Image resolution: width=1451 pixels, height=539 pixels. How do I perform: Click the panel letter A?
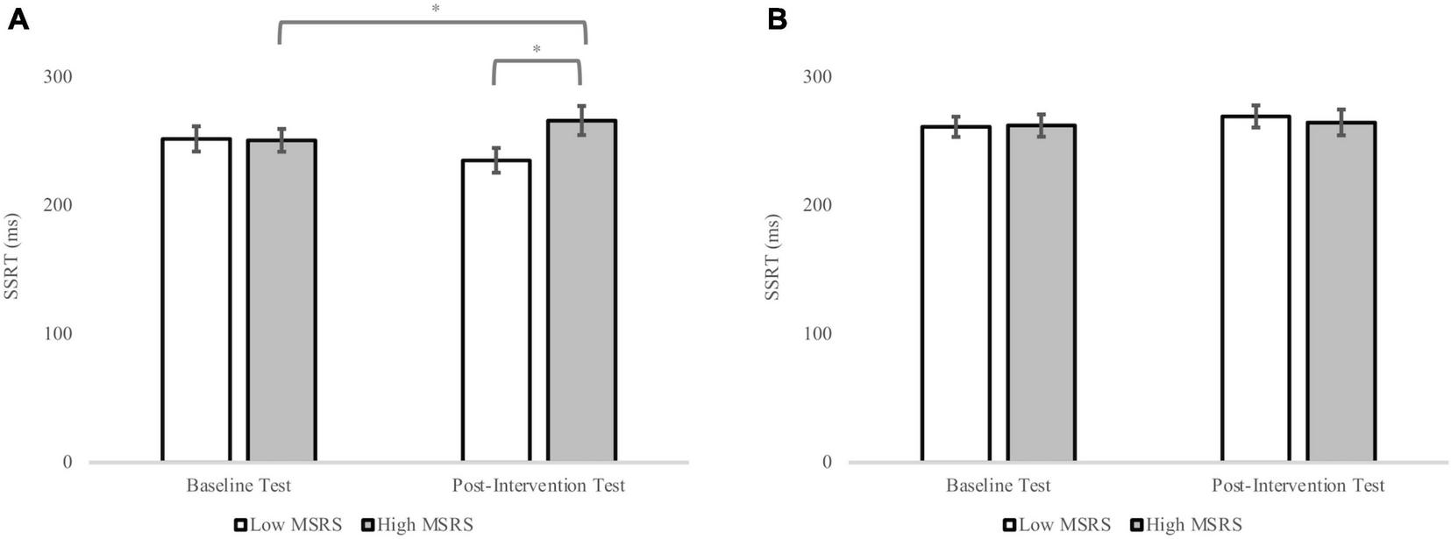coord(17,19)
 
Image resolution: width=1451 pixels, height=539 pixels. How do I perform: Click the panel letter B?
coord(776,19)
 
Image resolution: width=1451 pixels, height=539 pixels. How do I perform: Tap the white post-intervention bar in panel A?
coord(496,310)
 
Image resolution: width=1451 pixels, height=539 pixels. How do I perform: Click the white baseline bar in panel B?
coord(956,294)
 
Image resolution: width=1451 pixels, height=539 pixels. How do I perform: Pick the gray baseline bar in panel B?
coord(1041,293)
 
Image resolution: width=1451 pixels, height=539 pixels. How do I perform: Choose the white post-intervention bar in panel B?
coord(1255,288)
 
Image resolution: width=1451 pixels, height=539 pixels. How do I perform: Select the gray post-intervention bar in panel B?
coord(1341,292)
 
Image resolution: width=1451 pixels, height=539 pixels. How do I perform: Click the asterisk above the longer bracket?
coord(436,9)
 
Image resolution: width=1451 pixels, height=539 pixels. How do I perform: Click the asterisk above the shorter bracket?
coord(537,50)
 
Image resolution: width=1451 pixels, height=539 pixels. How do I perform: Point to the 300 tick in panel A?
coord(57,77)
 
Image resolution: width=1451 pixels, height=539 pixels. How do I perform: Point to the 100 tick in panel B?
coord(816,334)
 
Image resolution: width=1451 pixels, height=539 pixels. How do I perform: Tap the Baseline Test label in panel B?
coord(998,486)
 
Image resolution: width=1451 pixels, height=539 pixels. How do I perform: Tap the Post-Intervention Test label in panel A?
coord(538,486)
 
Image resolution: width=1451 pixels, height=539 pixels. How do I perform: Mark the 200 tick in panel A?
coord(57,205)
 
